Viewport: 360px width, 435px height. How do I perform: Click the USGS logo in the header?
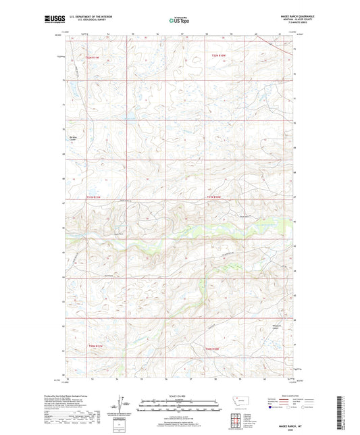[55, 20]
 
